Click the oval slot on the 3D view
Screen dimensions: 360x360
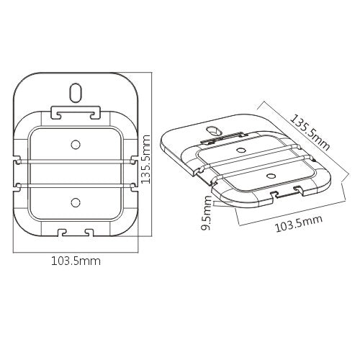coord(212,130)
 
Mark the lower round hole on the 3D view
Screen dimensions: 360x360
coord(269,175)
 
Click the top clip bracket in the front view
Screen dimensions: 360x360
coord(75,113)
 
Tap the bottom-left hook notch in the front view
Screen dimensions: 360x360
coord(62,232)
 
